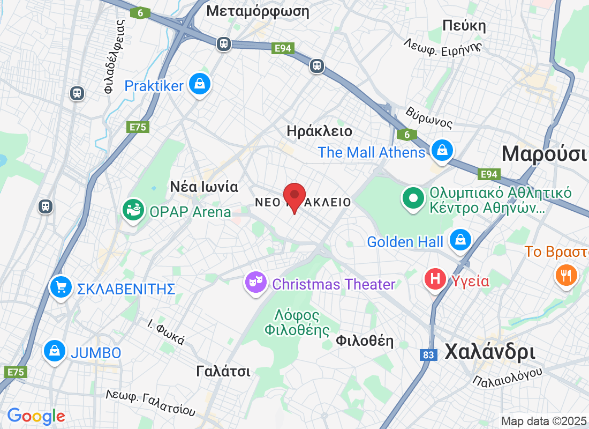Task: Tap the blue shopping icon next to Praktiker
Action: pyautogui.click(x=199, y=84)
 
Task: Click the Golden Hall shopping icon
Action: pyautogui.click(x=460, y=239)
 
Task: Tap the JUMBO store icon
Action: pyautogui.click(x=54, y=351)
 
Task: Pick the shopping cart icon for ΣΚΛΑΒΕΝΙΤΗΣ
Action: pyautogui.click(x=61, y=287)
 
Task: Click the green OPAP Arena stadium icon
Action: pyautogui.click(x=133, y=210)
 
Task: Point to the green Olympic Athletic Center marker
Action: pyautogui.click(x=413, y=198)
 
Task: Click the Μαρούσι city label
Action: pyautogui.click(x=543, y=154)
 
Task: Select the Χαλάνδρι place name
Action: pyautogui.click(x=489, y=352)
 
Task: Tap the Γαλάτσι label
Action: pyautogui.click(x=223, y=371)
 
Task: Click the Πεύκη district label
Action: pyautogui.click(x=464, y=26)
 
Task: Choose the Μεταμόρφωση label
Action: pyautogui.click(x=258, y=11)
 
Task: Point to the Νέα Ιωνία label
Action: pyautogui.click(x=203, y=187)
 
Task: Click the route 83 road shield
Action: pyautogui.click(x=428, y=355)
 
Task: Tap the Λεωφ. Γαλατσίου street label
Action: pyautogui.click(x=150, y=404)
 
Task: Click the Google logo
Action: pyautogui.click(x=36, y=416)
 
